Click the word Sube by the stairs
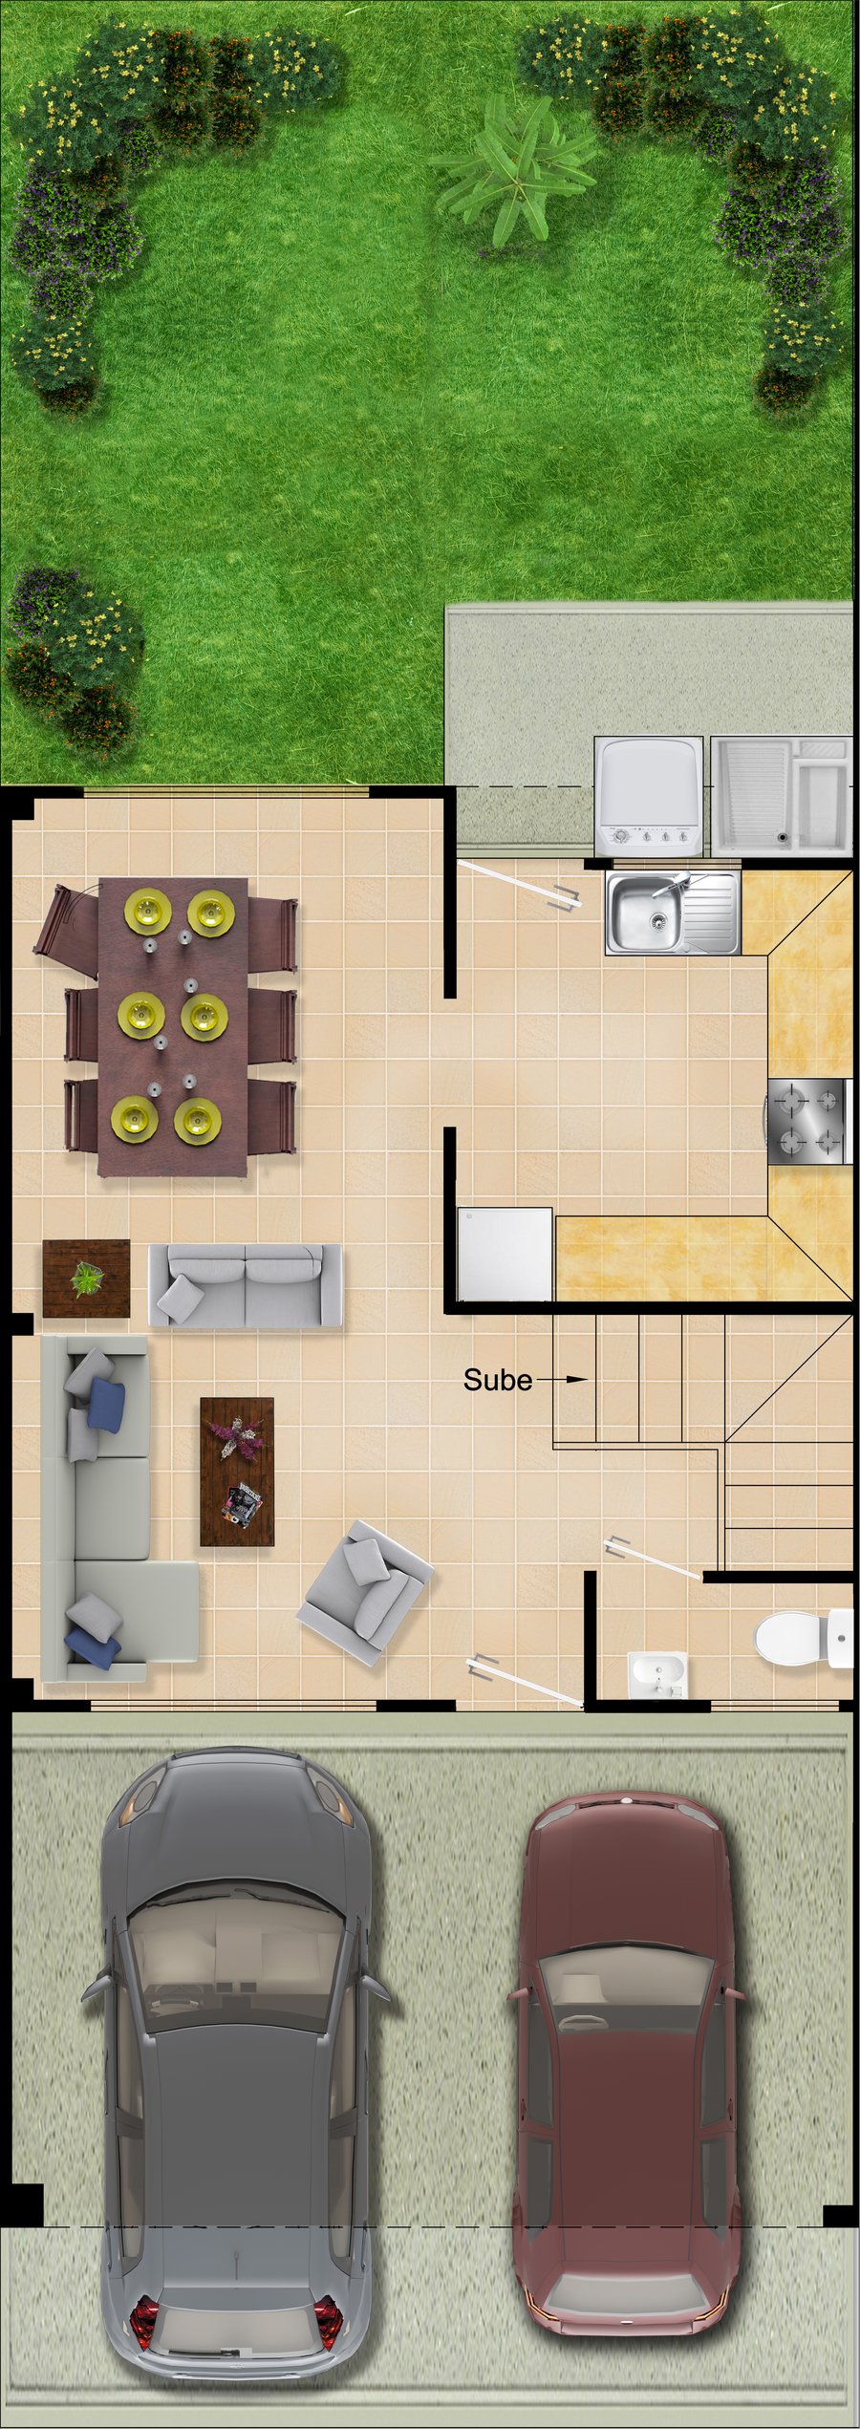point(497,1380)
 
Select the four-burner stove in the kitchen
point(808,1121)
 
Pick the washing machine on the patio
point(651,796)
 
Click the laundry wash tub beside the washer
point(781,795)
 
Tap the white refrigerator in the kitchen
point(505,1255)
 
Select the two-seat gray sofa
point(246,1285)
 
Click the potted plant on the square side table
point(86,1279)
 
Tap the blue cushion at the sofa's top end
point(107,1405)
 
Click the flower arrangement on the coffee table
point(236,1435)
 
